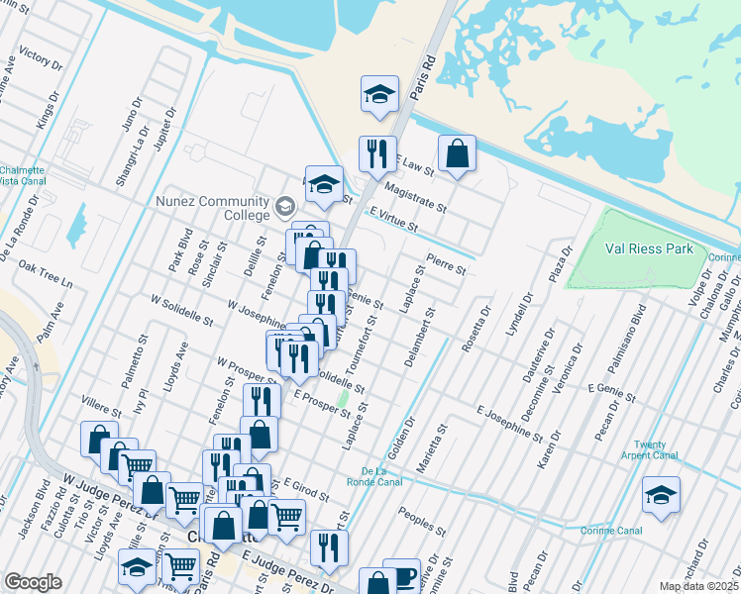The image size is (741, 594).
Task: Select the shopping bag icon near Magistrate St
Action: click(x=457, y=153)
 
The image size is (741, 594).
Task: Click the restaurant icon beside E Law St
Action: click(x=376, y=153)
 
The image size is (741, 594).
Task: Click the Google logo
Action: click(x=34, y=582)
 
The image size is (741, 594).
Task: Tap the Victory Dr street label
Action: click(x=41, y=59)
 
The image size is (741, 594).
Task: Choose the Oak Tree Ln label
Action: click(x=46, y=275)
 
